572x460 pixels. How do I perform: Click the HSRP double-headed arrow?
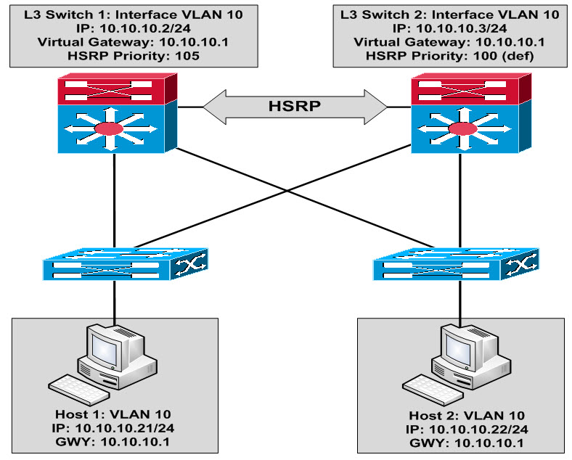click(x=293, y=107)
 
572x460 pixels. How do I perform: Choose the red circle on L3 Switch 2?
click(x=460, y=129)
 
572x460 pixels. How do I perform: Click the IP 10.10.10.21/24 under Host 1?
click(x=115, y=426)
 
